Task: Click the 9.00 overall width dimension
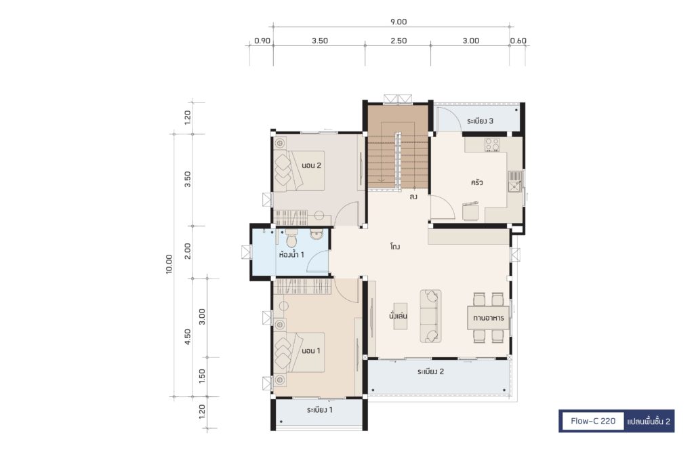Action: tap(399, 22)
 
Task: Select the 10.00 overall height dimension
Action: tap(169, 264)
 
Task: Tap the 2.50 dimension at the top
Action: tap(399, 41)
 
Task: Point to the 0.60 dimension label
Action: tap(518, 41)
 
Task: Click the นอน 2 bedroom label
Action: tap(311, 165)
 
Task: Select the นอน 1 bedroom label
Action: tap(310, 351)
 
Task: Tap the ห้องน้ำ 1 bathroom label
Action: tap(291, 254)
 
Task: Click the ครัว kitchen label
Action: tap(476, 182)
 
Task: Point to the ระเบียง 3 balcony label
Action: tap(480, 121)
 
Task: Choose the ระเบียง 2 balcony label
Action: tap(430, 371)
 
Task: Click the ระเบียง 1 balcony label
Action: tap(319, 410)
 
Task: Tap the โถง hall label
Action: tap(395, 247)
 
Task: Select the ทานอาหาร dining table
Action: tap(488, 318)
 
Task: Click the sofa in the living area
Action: tap(430, 316)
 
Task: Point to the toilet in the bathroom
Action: tap(291, 239)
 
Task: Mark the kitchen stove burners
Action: tap(492, 144)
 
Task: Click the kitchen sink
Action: tap(514, 182)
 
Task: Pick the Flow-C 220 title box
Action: tap(592, 421)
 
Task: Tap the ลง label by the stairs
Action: tap(413, 197)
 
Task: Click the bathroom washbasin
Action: tap(316, 234)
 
